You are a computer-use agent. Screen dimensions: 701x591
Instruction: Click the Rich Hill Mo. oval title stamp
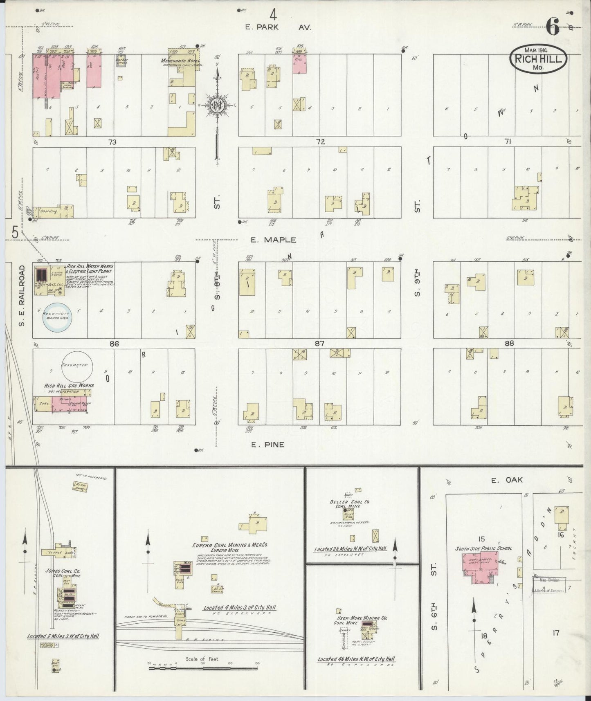(538, 60)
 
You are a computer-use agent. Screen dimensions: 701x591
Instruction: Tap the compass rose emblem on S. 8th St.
(217, 105)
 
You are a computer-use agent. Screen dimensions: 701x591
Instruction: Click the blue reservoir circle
(58, 317)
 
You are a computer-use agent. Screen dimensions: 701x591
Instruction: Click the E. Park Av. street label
(279, 27)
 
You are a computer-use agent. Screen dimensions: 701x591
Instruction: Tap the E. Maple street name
(274, 240)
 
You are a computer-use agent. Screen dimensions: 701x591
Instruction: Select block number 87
(319, 344)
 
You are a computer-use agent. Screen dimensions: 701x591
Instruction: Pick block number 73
(113, 142)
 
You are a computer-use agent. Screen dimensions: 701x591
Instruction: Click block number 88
(509, 344)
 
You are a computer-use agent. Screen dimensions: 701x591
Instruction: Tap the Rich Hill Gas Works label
(70, 385)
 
